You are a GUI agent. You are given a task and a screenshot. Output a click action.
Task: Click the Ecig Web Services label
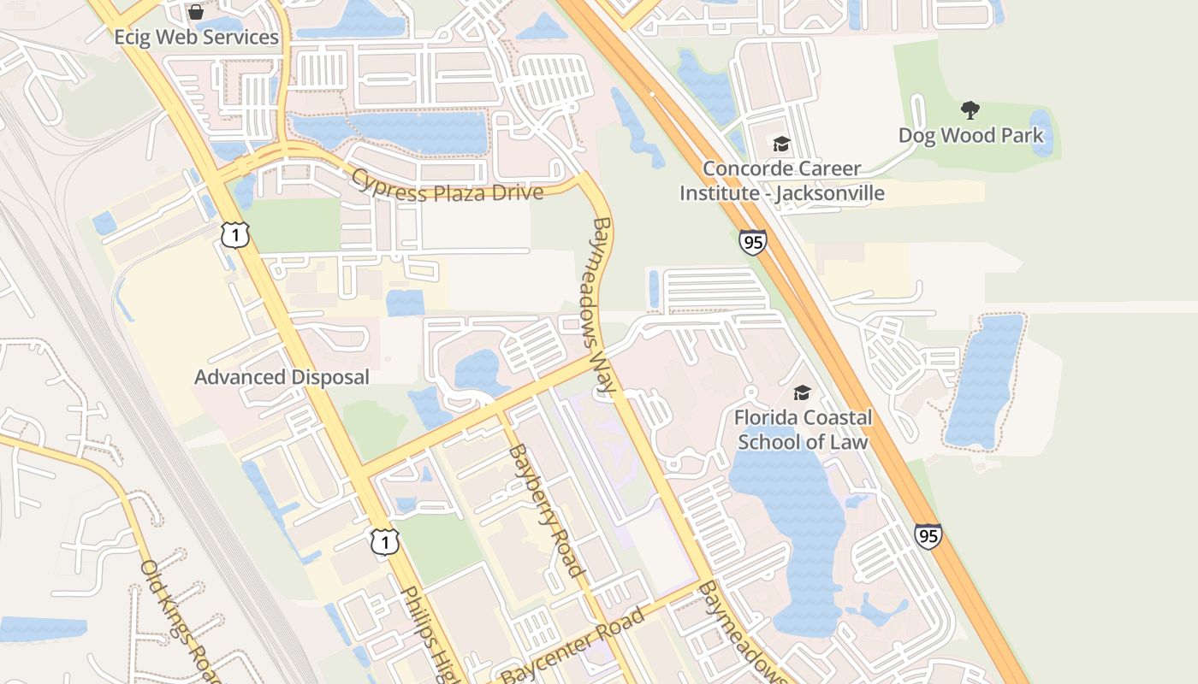click(x=197, y=38)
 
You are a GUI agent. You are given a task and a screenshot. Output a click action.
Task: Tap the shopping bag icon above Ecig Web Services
click(x=196, y=12)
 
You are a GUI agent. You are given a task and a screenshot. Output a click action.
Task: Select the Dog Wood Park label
click(x=970, y=135)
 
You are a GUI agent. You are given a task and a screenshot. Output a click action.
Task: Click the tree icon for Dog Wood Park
click(x=970, y=109)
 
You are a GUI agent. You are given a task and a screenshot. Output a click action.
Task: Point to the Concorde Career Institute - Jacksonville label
click(x=781, y=181)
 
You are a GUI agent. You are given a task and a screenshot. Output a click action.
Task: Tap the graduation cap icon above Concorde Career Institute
click(x=780, y=144)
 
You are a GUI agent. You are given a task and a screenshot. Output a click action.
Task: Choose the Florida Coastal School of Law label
click(x=803, y=430)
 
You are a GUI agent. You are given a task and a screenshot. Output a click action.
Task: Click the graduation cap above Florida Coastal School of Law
click(x=802, y=392)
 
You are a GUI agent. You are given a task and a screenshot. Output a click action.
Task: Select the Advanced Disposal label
click(x=282, y=377)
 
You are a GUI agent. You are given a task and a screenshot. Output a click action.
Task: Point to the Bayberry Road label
click(x=545, y=510)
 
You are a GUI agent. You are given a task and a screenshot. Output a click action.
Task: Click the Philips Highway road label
click(x=432, y=633)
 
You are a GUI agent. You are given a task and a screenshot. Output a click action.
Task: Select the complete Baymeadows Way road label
click(x=603, y=305)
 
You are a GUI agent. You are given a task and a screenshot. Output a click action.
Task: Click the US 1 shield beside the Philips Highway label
click(x=385, y=540)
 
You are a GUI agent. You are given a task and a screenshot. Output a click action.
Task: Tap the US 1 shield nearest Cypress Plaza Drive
click(x=235, y=234)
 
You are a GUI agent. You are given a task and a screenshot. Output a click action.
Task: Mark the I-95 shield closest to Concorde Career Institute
click(x=753, y=243)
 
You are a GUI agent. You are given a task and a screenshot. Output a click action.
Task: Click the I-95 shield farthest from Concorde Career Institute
click(x=928, y=536)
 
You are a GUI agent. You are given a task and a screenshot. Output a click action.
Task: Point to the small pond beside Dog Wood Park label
click(x=1041, y=133)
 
